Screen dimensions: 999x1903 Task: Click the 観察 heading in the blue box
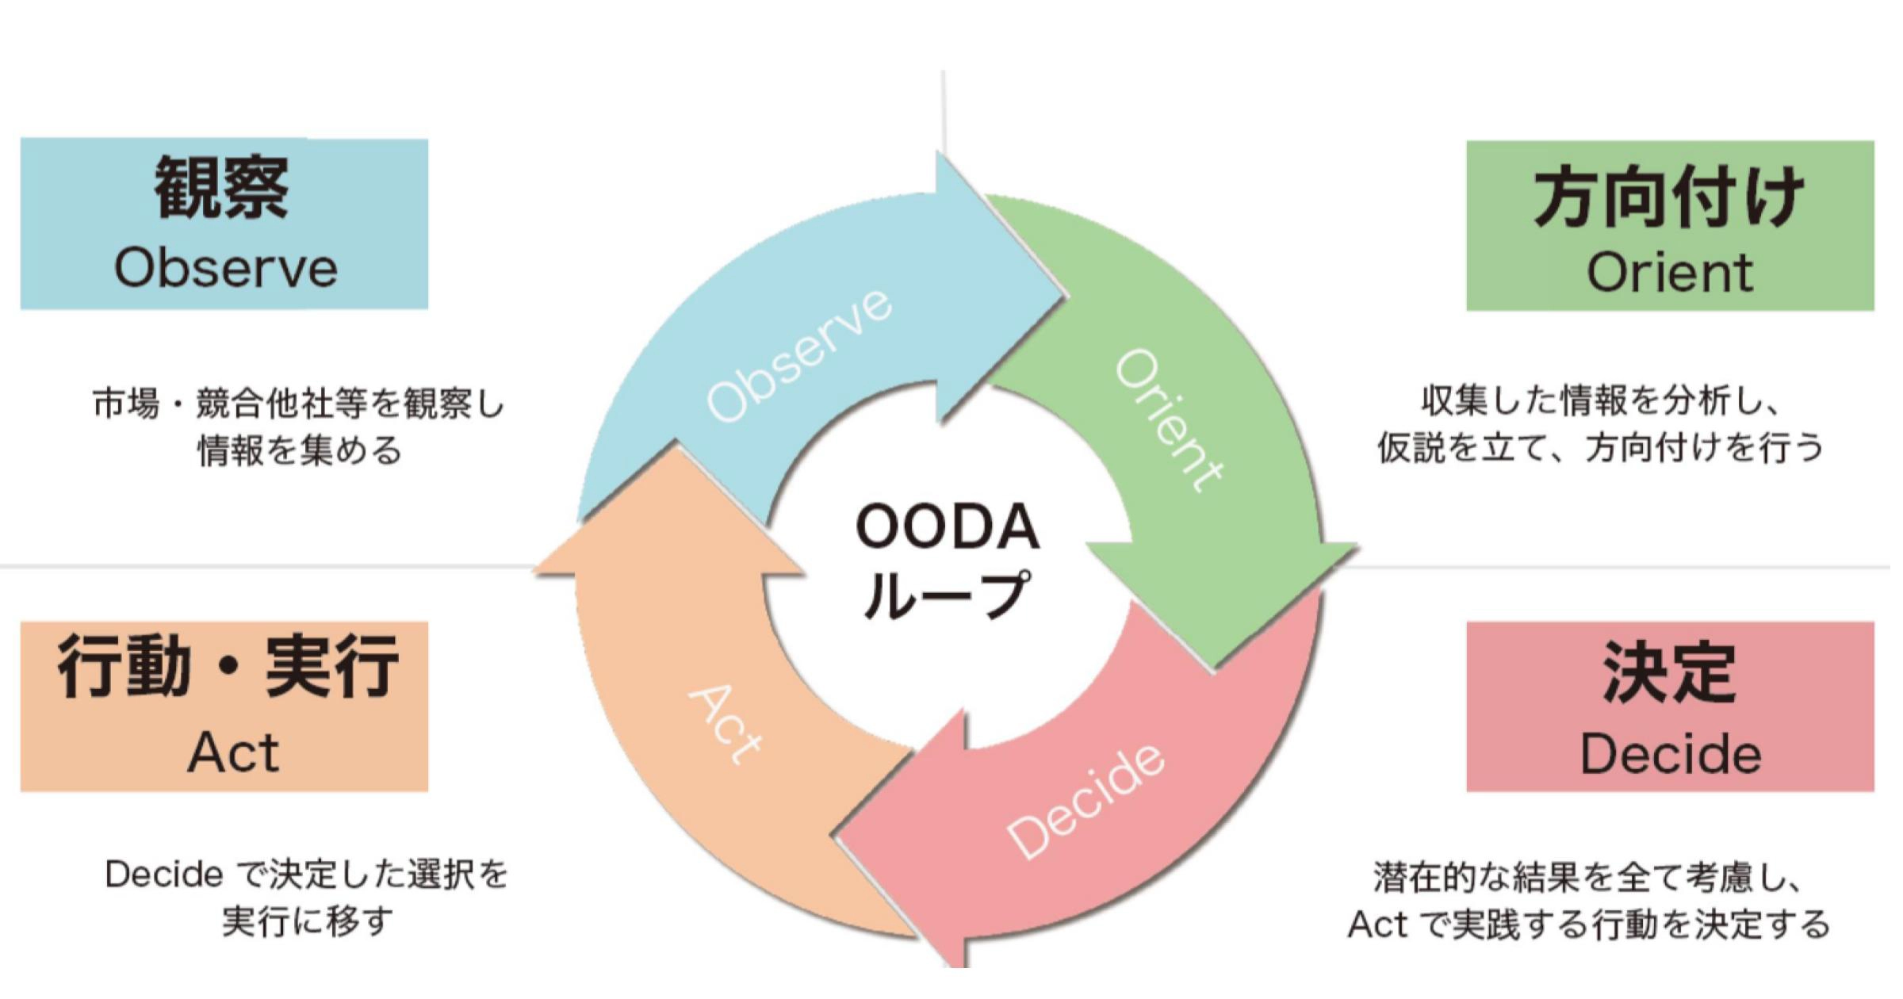coord(221,189)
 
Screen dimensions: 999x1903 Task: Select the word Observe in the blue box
coord(226,269)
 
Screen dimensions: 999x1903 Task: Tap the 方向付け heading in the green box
coord(1668,197)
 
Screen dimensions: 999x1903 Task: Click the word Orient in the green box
coord(1669,273)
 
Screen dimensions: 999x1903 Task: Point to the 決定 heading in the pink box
coord(1669,673)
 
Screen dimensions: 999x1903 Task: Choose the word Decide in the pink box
coord(1670,754)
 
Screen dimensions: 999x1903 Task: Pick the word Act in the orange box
coord(233,752)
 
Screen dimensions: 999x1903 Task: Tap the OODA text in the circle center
coord(948,526)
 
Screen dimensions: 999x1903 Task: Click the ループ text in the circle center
coord(948,595)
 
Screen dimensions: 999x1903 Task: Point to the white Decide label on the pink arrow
coord(1086,801)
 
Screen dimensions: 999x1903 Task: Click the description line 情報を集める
coord(300,450)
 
